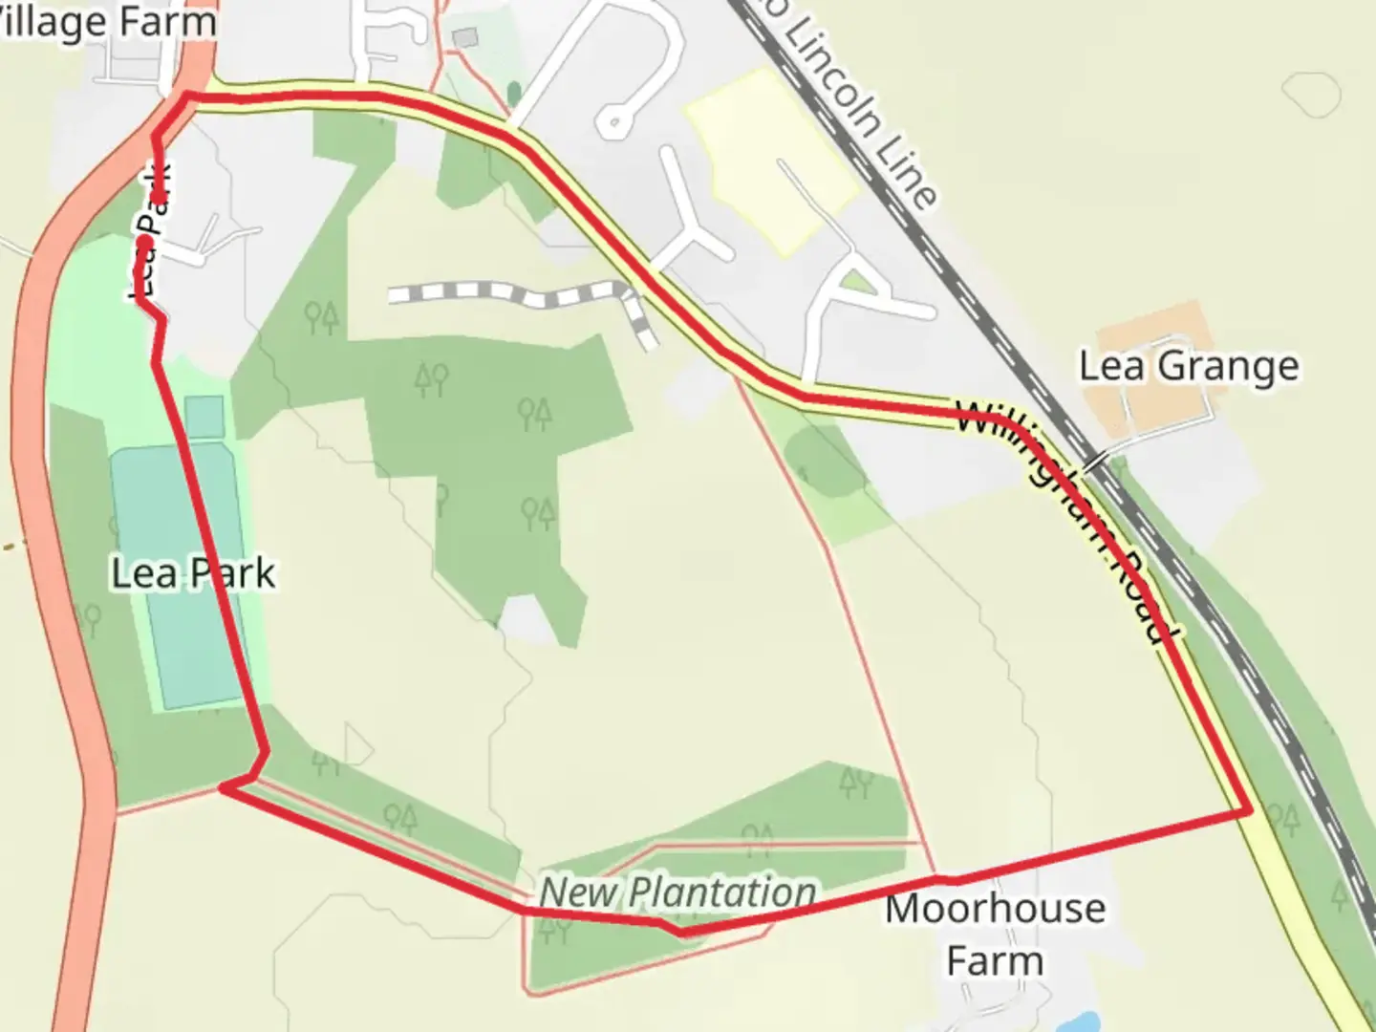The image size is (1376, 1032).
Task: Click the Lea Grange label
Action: pos(1189,367)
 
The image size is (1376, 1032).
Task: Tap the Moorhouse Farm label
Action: pos(995,935)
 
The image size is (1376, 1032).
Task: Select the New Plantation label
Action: pos(677,892)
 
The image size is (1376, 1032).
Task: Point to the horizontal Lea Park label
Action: pos(193,573)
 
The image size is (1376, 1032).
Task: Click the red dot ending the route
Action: pos(143,240)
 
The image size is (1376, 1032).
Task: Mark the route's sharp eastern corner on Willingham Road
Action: pos(1248,810)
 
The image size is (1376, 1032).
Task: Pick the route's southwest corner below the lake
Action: pos(224,786)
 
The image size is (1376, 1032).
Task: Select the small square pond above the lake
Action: pos(204,417)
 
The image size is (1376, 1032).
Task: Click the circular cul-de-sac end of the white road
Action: pos(612,121)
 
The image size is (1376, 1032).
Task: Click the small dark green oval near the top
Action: pos(514,94)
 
